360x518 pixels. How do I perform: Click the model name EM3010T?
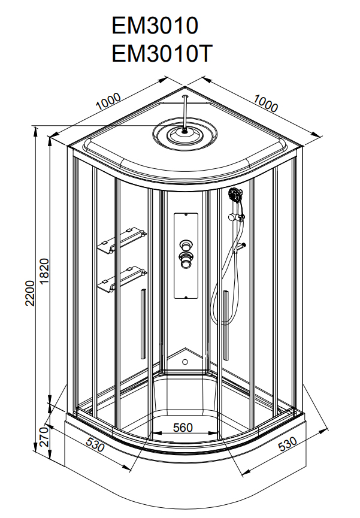coord(161,54)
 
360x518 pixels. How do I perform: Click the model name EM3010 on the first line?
coord(155,26)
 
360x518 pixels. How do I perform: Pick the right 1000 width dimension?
coord(265,103)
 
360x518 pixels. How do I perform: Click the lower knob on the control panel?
coord(186,260)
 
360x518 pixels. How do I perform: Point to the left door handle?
coord(142,323)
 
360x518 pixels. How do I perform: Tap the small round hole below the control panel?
coord(184,362)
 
